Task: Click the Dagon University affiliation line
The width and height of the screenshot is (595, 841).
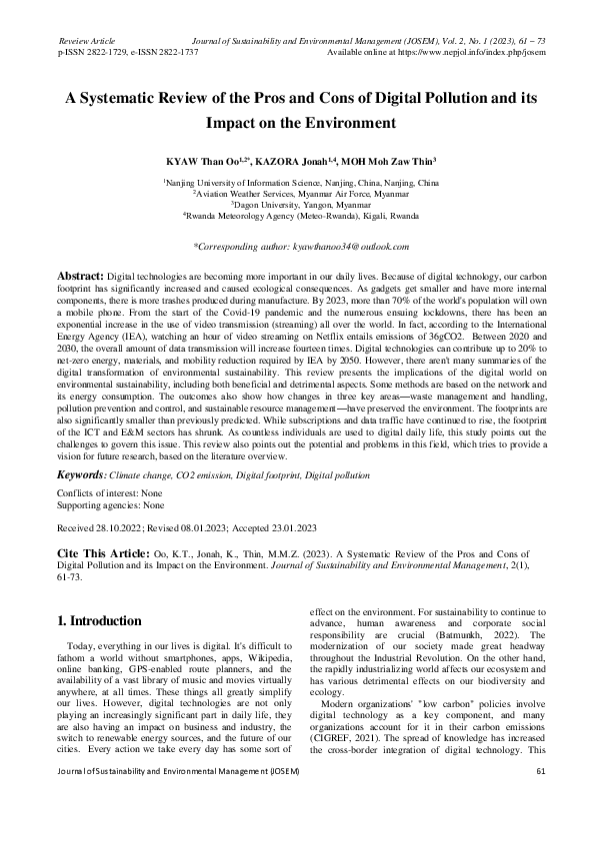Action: point(297,204)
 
